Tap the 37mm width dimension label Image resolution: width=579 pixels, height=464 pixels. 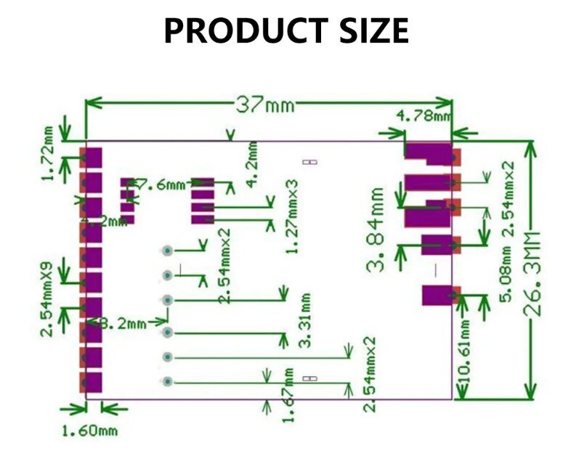pyautogui.click(x=265, y=105)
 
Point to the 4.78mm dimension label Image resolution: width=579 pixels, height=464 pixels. pyautogui.click(x=423, y=115)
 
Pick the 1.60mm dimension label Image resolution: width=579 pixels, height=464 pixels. pyautogui.click(x=89, y=431)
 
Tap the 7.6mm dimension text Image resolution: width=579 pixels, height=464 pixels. pyautogui.click(x=161, y=185)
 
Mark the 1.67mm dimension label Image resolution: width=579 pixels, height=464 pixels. pyautogui.click(x=289, y=396)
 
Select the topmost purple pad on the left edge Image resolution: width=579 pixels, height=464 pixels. pyautogui.click(x=93, y=156)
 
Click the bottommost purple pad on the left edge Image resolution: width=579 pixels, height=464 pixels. pyautogui.click(x=93, y=381)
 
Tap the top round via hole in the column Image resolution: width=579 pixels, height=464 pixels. pyautogui.click(x=167, y=251)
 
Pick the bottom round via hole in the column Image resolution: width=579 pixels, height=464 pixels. pyautogui.click(x=167, y=381)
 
